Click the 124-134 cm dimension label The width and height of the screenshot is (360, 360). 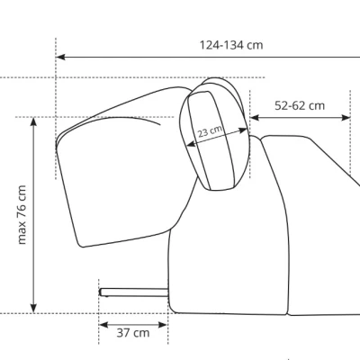(x=231, y=45)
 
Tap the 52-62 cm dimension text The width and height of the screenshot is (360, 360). (x=300, y=105)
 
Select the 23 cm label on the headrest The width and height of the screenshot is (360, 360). (x=210, y=130)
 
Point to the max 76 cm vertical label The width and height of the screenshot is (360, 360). (x=22, y=215)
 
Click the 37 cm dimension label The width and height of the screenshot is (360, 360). (x=133, y=333)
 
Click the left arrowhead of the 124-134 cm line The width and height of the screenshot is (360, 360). (x=60, y=57)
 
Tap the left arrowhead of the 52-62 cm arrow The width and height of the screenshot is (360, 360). (x=255, y=118)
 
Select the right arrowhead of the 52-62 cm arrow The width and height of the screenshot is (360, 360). (x=346, y=118)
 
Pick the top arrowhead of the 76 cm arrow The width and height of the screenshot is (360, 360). (x=33, y=122)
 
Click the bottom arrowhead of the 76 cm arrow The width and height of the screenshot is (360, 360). (x=33, y=309)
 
